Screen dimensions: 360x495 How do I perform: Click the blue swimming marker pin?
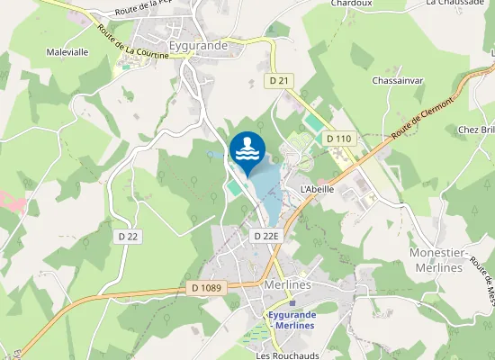point(247,148)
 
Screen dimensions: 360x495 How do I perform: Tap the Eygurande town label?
point(198,43)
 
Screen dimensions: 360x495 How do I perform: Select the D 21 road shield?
point(280,81)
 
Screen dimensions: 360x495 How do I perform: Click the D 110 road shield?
point(339,139)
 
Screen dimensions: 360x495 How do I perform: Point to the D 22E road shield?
point(267,236)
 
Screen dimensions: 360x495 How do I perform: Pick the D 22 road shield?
point(129,237)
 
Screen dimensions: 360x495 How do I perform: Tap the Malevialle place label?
point(67,52)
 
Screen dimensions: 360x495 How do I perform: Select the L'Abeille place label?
point(317,189)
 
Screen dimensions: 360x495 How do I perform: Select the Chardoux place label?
point(352,4)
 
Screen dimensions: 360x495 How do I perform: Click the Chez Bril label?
point(477,130)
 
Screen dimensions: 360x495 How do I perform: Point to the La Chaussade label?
point(454,4)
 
